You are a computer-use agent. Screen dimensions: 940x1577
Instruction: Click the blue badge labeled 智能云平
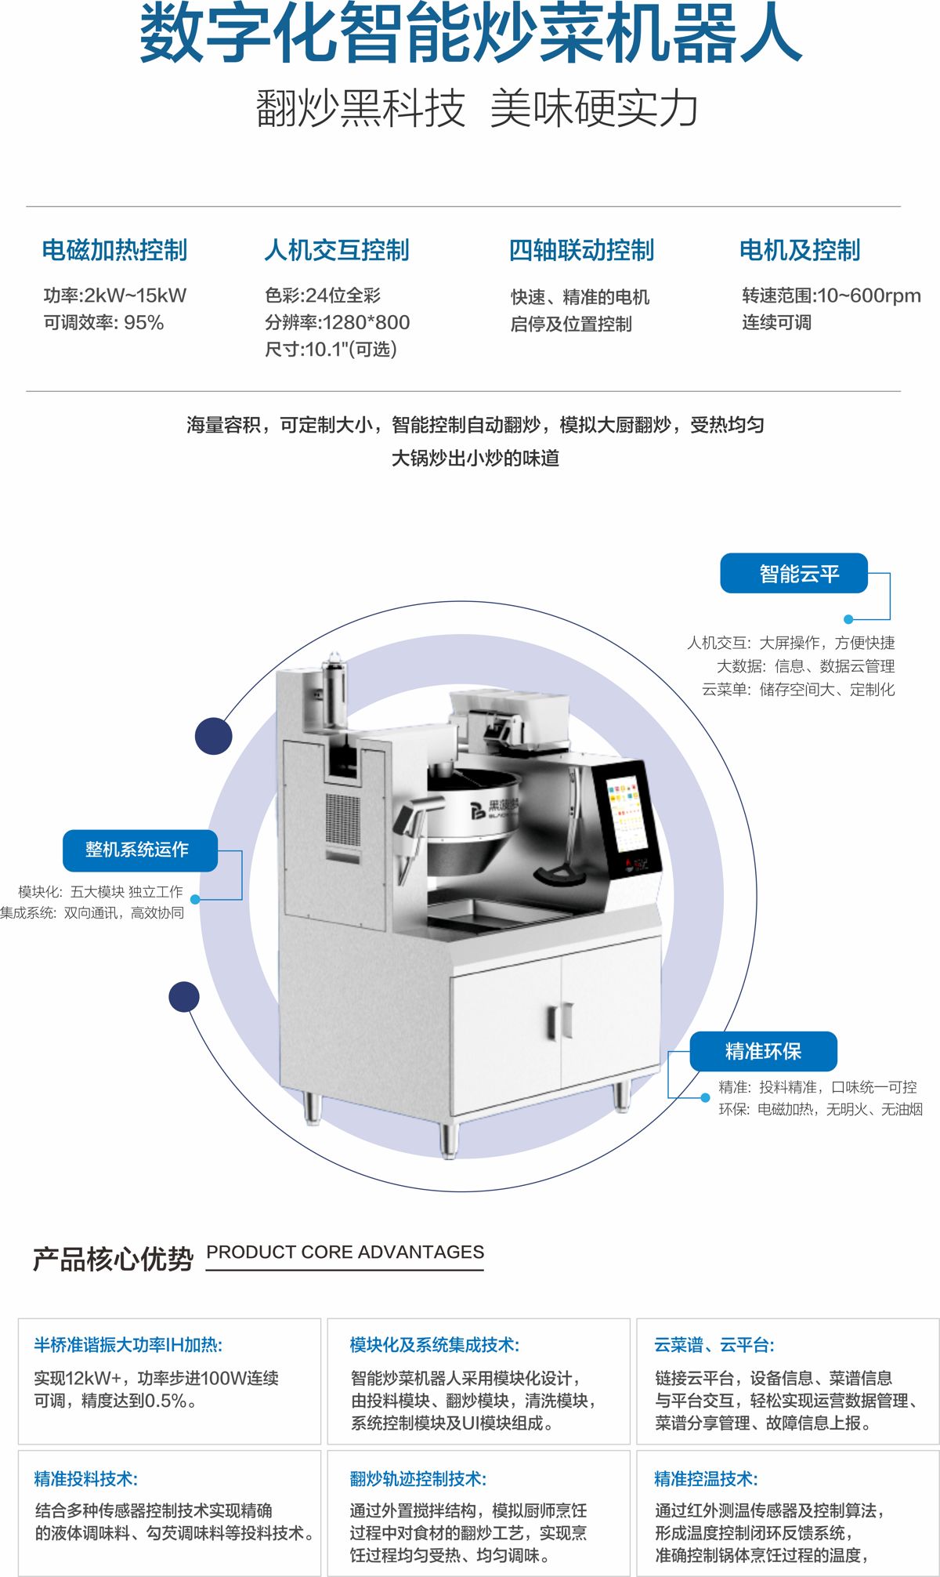(794, 574)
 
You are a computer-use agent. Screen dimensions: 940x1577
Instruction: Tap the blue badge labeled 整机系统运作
(140, 850)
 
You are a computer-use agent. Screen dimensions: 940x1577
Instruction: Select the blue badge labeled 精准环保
(763, 1051)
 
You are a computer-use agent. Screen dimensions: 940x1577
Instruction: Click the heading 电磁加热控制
(114, 250)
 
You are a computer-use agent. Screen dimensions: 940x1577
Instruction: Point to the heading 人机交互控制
(337, 250)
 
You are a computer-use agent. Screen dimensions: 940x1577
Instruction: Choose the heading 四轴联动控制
(581, 250)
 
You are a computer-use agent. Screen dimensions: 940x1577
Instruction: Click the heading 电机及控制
(800, 250)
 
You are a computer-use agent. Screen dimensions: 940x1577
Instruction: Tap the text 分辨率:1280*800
(337, 322)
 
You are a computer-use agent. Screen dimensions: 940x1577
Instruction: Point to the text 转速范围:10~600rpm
(831, 295)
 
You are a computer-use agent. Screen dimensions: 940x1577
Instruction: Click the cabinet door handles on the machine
(559, 1021)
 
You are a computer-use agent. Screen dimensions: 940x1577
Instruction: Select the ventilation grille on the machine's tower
(343, 820)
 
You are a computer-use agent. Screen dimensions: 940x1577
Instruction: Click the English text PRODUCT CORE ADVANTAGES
(345, 1252)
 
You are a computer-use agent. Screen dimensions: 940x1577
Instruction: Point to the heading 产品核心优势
(113, 1258)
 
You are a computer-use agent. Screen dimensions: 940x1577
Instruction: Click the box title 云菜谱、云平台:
(714, 1345)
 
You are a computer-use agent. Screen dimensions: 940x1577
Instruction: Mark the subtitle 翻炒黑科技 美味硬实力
(476, 108)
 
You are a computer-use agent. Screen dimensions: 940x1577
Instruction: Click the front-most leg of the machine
(447, 1140)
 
